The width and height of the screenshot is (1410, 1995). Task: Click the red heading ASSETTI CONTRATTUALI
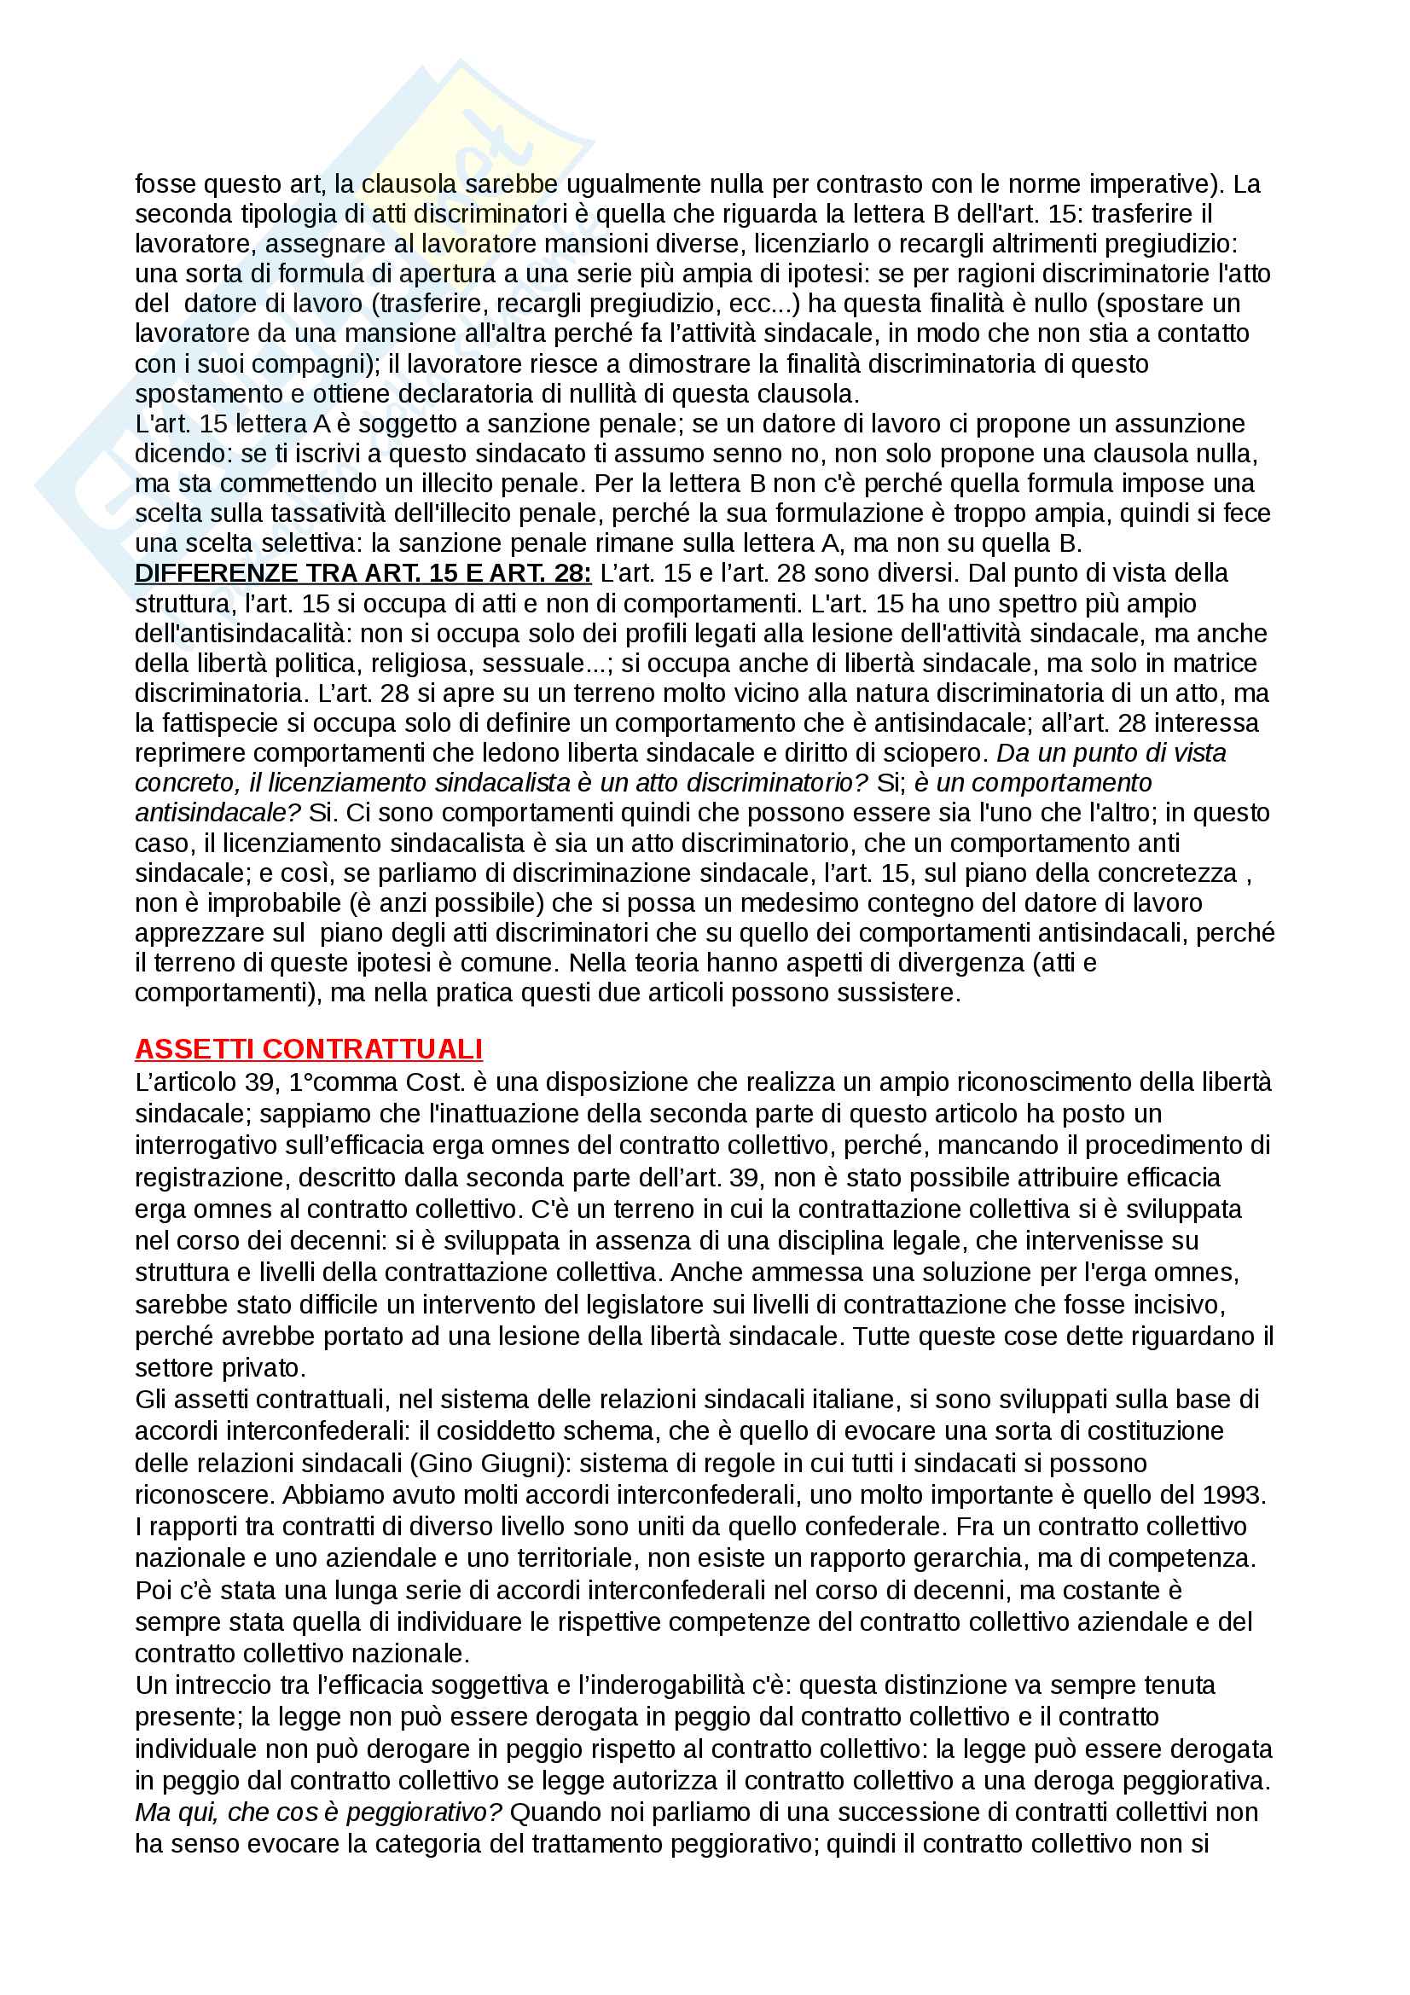pyautogui.click(x=309, y=1049)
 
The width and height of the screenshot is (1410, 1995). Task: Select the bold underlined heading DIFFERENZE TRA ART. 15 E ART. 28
pyautogui.click(x=363, y=573)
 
